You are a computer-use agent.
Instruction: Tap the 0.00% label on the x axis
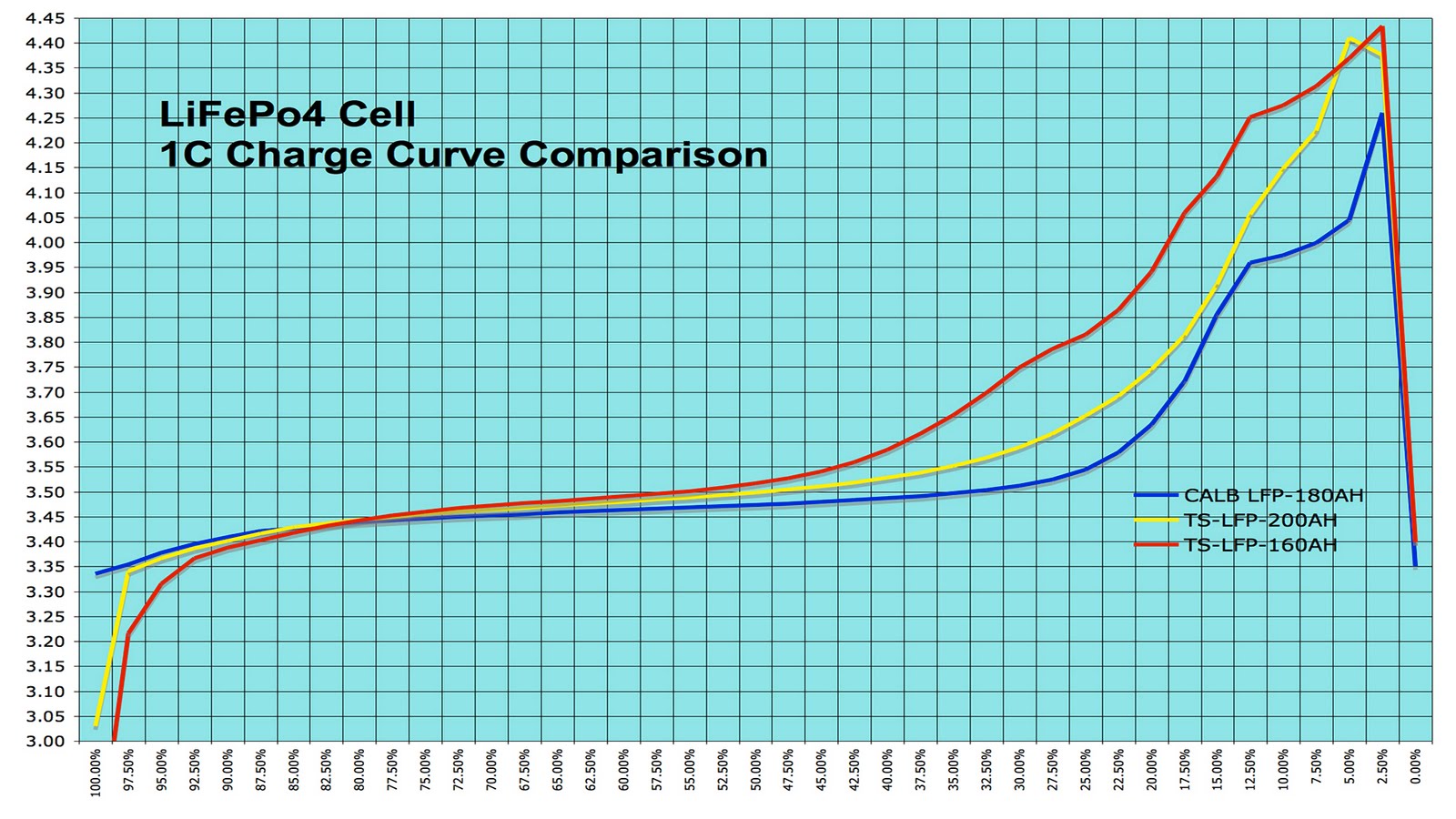(x=1415, y=767)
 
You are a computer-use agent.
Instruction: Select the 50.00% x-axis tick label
(x=756, y=770)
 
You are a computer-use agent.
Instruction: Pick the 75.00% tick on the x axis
(x=426, y=770)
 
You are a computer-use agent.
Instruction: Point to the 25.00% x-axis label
(x=1086, y=770)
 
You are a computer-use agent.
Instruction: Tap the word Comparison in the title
(x=642, y=155)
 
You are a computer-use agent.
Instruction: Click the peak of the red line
(x=1382, y=27)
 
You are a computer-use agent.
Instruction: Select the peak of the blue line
(x=1382, y=115)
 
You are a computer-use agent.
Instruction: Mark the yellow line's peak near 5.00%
(x=1350, y=39)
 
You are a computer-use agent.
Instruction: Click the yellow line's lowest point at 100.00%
(x=96, y=725)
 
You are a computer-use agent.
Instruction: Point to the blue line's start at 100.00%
(x=96, y=573)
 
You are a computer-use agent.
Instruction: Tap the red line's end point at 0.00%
(x=1415, y=541)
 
